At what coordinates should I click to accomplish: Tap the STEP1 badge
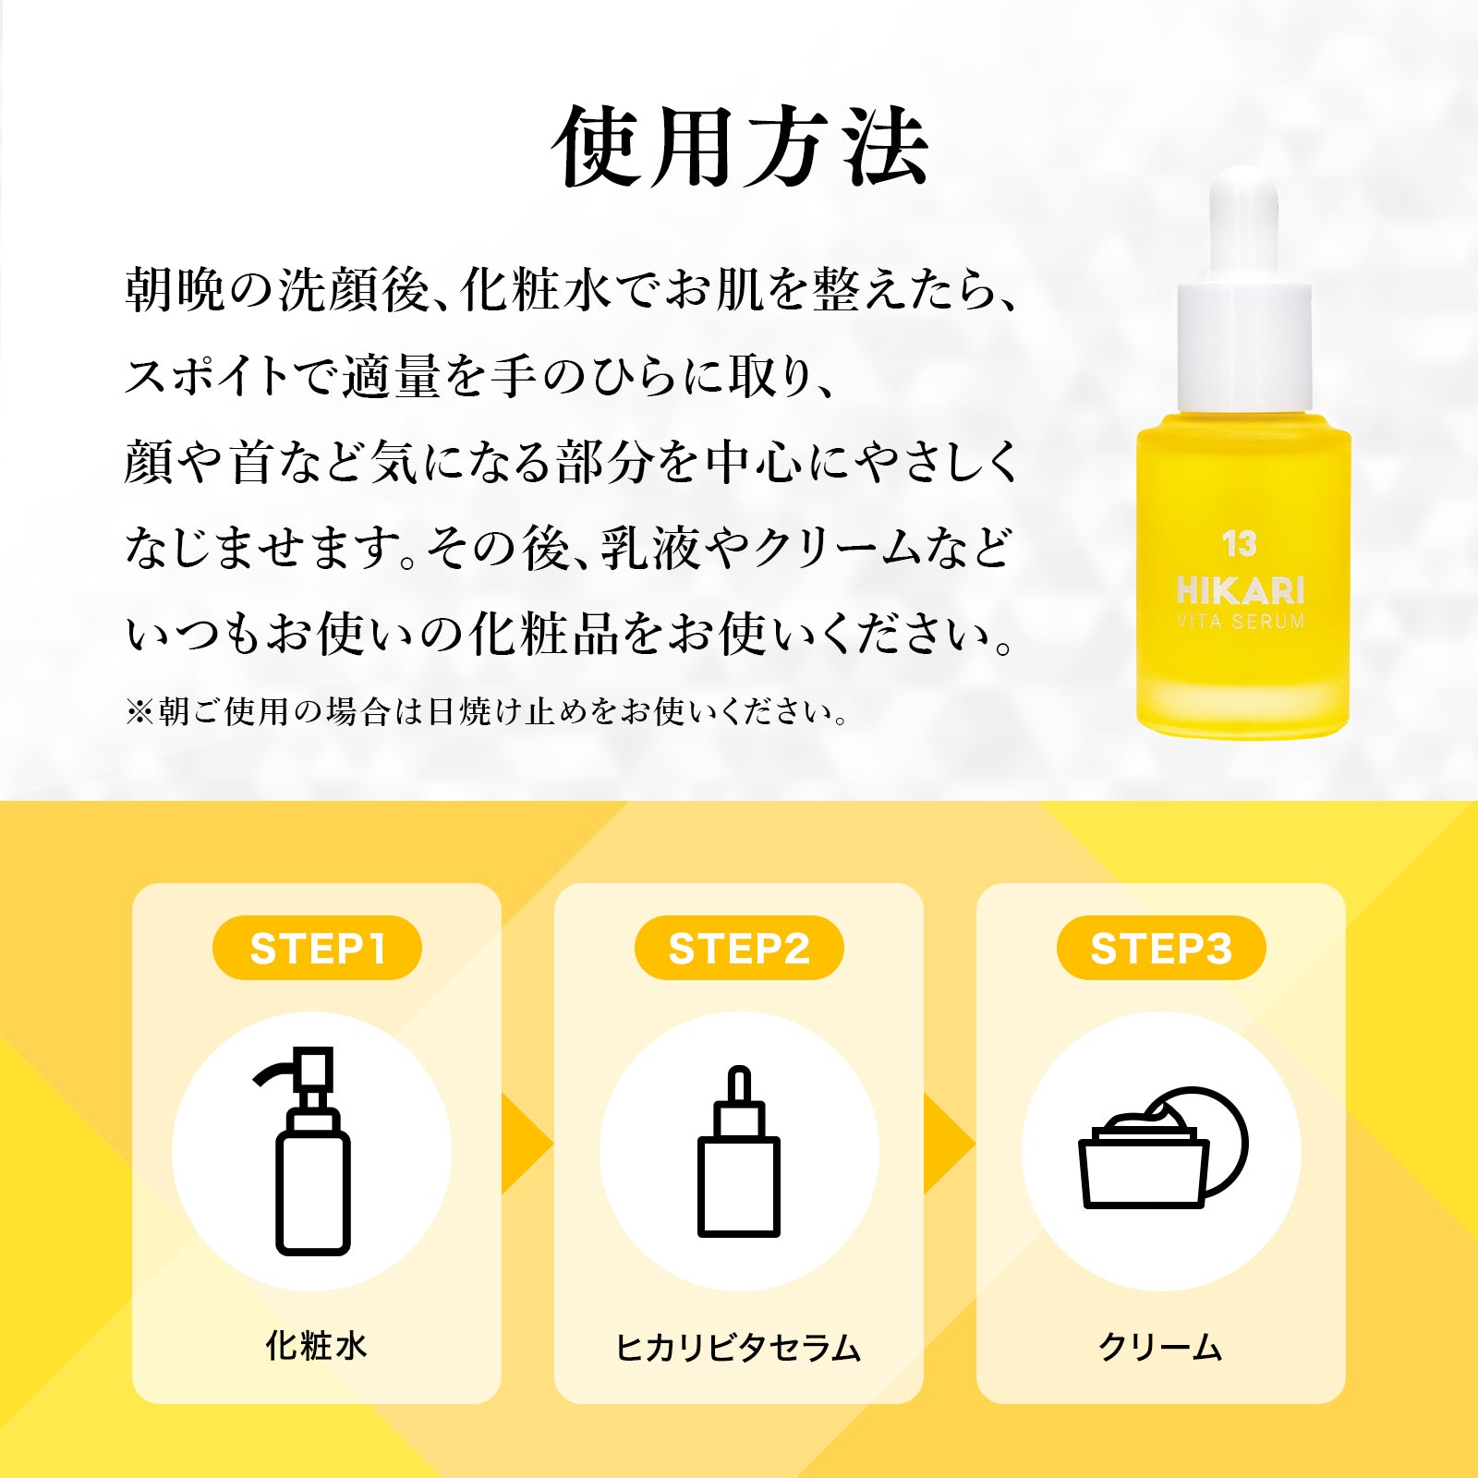[x=317, y=948]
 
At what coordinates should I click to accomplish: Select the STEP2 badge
[x=739, y=948]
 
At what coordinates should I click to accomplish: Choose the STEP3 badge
[x=1161, y=948]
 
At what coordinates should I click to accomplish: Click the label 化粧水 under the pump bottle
[x=317, y=1346]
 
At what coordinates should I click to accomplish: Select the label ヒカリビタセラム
[x=738, y=1348]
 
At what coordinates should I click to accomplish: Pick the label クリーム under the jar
[x=1160, y=1348]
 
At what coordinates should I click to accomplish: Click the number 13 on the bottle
[x=1240, y=544]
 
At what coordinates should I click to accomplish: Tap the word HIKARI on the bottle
[x=1241, y=590]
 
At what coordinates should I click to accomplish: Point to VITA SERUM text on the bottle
[x=1241, y=622]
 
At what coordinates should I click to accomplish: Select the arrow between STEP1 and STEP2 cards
[x=527, y=1145]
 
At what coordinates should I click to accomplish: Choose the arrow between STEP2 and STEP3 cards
[x=950, y=1145]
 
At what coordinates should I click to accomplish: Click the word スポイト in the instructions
[x=208, y=377]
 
